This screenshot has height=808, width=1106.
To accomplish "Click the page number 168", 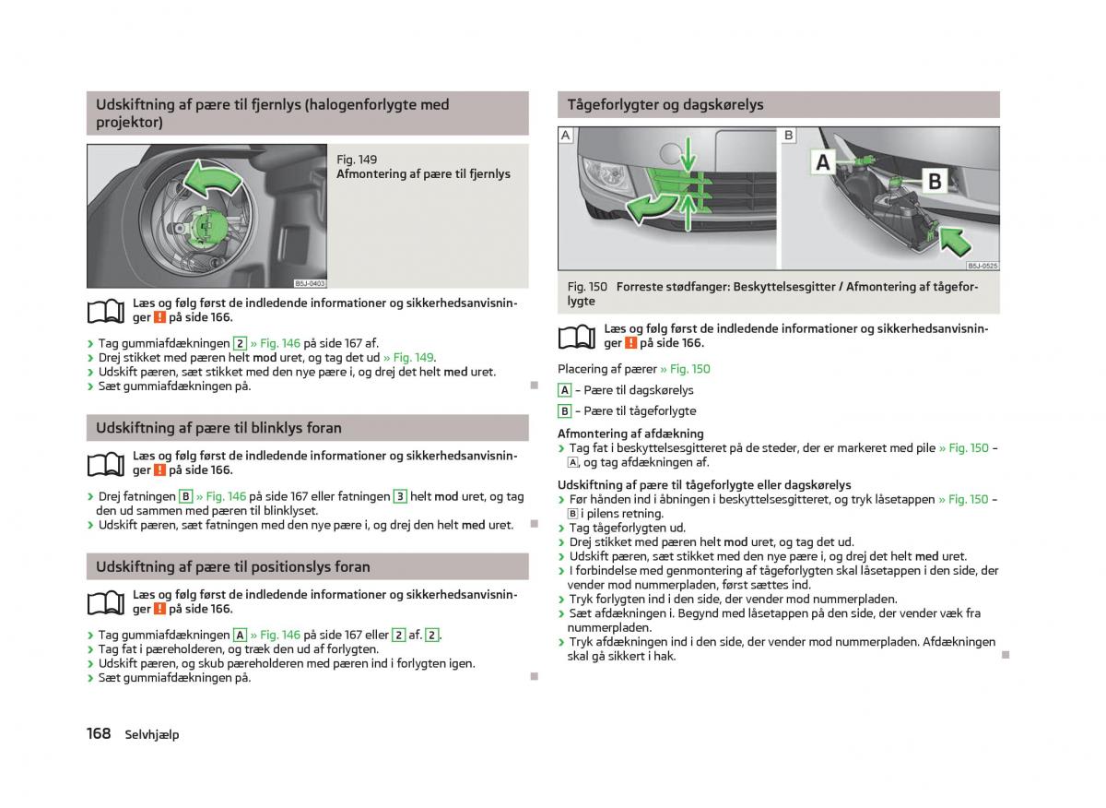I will (x=99, y=733).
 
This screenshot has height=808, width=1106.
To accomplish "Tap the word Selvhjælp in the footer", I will (x=152, y=734).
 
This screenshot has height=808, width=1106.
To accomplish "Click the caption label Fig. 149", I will (x=357, y=160).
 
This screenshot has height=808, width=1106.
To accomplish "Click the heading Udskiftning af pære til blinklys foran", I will (x=218, y=428).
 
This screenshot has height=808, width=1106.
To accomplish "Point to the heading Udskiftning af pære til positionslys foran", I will (x=232, y=567).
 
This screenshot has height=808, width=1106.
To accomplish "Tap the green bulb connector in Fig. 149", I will (x=207, y=227).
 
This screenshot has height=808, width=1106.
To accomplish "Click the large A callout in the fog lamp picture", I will (x=823, y=162).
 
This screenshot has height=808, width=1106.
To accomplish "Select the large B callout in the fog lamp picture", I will (x=934, y=181).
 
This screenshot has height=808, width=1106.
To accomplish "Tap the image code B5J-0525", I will (x=982, y=265).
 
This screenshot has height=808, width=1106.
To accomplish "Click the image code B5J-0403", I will (x=311, y=284).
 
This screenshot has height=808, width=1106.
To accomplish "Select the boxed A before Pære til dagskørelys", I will (x=565, y=390).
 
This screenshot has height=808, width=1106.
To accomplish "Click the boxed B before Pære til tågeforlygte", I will (x=565, y=411).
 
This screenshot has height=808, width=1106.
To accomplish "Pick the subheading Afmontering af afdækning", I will (x=630, y=434).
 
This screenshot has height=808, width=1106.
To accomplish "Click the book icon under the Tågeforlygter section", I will (x=577, y=337).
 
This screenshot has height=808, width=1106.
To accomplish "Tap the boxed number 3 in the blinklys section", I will (x=400, y=496).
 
